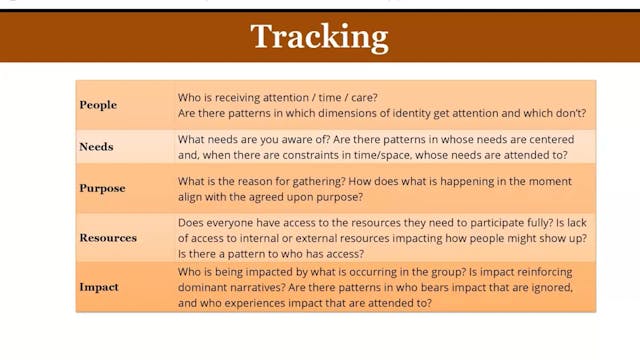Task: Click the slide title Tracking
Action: [x=319, y=37]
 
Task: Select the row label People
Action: [x=98, y=105]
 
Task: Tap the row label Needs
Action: [x=96, y=147]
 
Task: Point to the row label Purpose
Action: [x=102, y=188]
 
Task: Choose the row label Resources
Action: [x=108, y=238]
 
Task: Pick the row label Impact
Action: [x=99, y=287]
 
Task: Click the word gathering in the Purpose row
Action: [x=322, y=181]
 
